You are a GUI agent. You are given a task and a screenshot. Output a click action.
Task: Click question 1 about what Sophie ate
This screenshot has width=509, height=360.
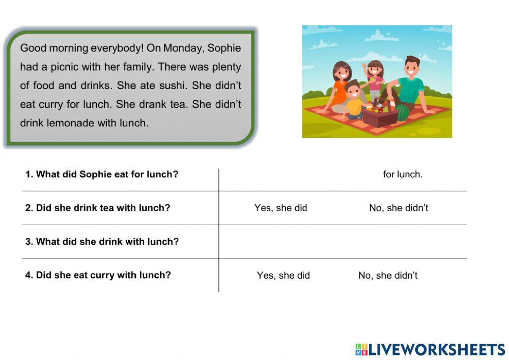(102, 174)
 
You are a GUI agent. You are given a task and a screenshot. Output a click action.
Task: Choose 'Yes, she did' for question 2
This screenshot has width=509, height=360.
(280, 208)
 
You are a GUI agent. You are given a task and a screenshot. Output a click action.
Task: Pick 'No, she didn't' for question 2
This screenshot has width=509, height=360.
(399, 208)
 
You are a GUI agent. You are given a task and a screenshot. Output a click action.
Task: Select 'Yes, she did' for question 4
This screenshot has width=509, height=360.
(283, 275)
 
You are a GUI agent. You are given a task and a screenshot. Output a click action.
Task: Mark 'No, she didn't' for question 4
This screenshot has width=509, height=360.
(388, 275)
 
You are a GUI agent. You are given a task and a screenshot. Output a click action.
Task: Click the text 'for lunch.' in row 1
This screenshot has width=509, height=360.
(403, 174)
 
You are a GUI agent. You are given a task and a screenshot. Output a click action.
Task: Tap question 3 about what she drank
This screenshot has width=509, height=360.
(102, 241)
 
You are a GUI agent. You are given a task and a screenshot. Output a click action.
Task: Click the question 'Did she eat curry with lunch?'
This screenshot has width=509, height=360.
(98, 275)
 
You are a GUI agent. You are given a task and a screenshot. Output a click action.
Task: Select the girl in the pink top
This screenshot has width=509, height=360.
(375, 79)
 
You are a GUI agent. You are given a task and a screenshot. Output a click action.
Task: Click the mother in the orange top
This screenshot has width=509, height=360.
(340, 87)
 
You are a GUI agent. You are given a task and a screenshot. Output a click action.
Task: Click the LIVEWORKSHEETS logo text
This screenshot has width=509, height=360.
(430, 349)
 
